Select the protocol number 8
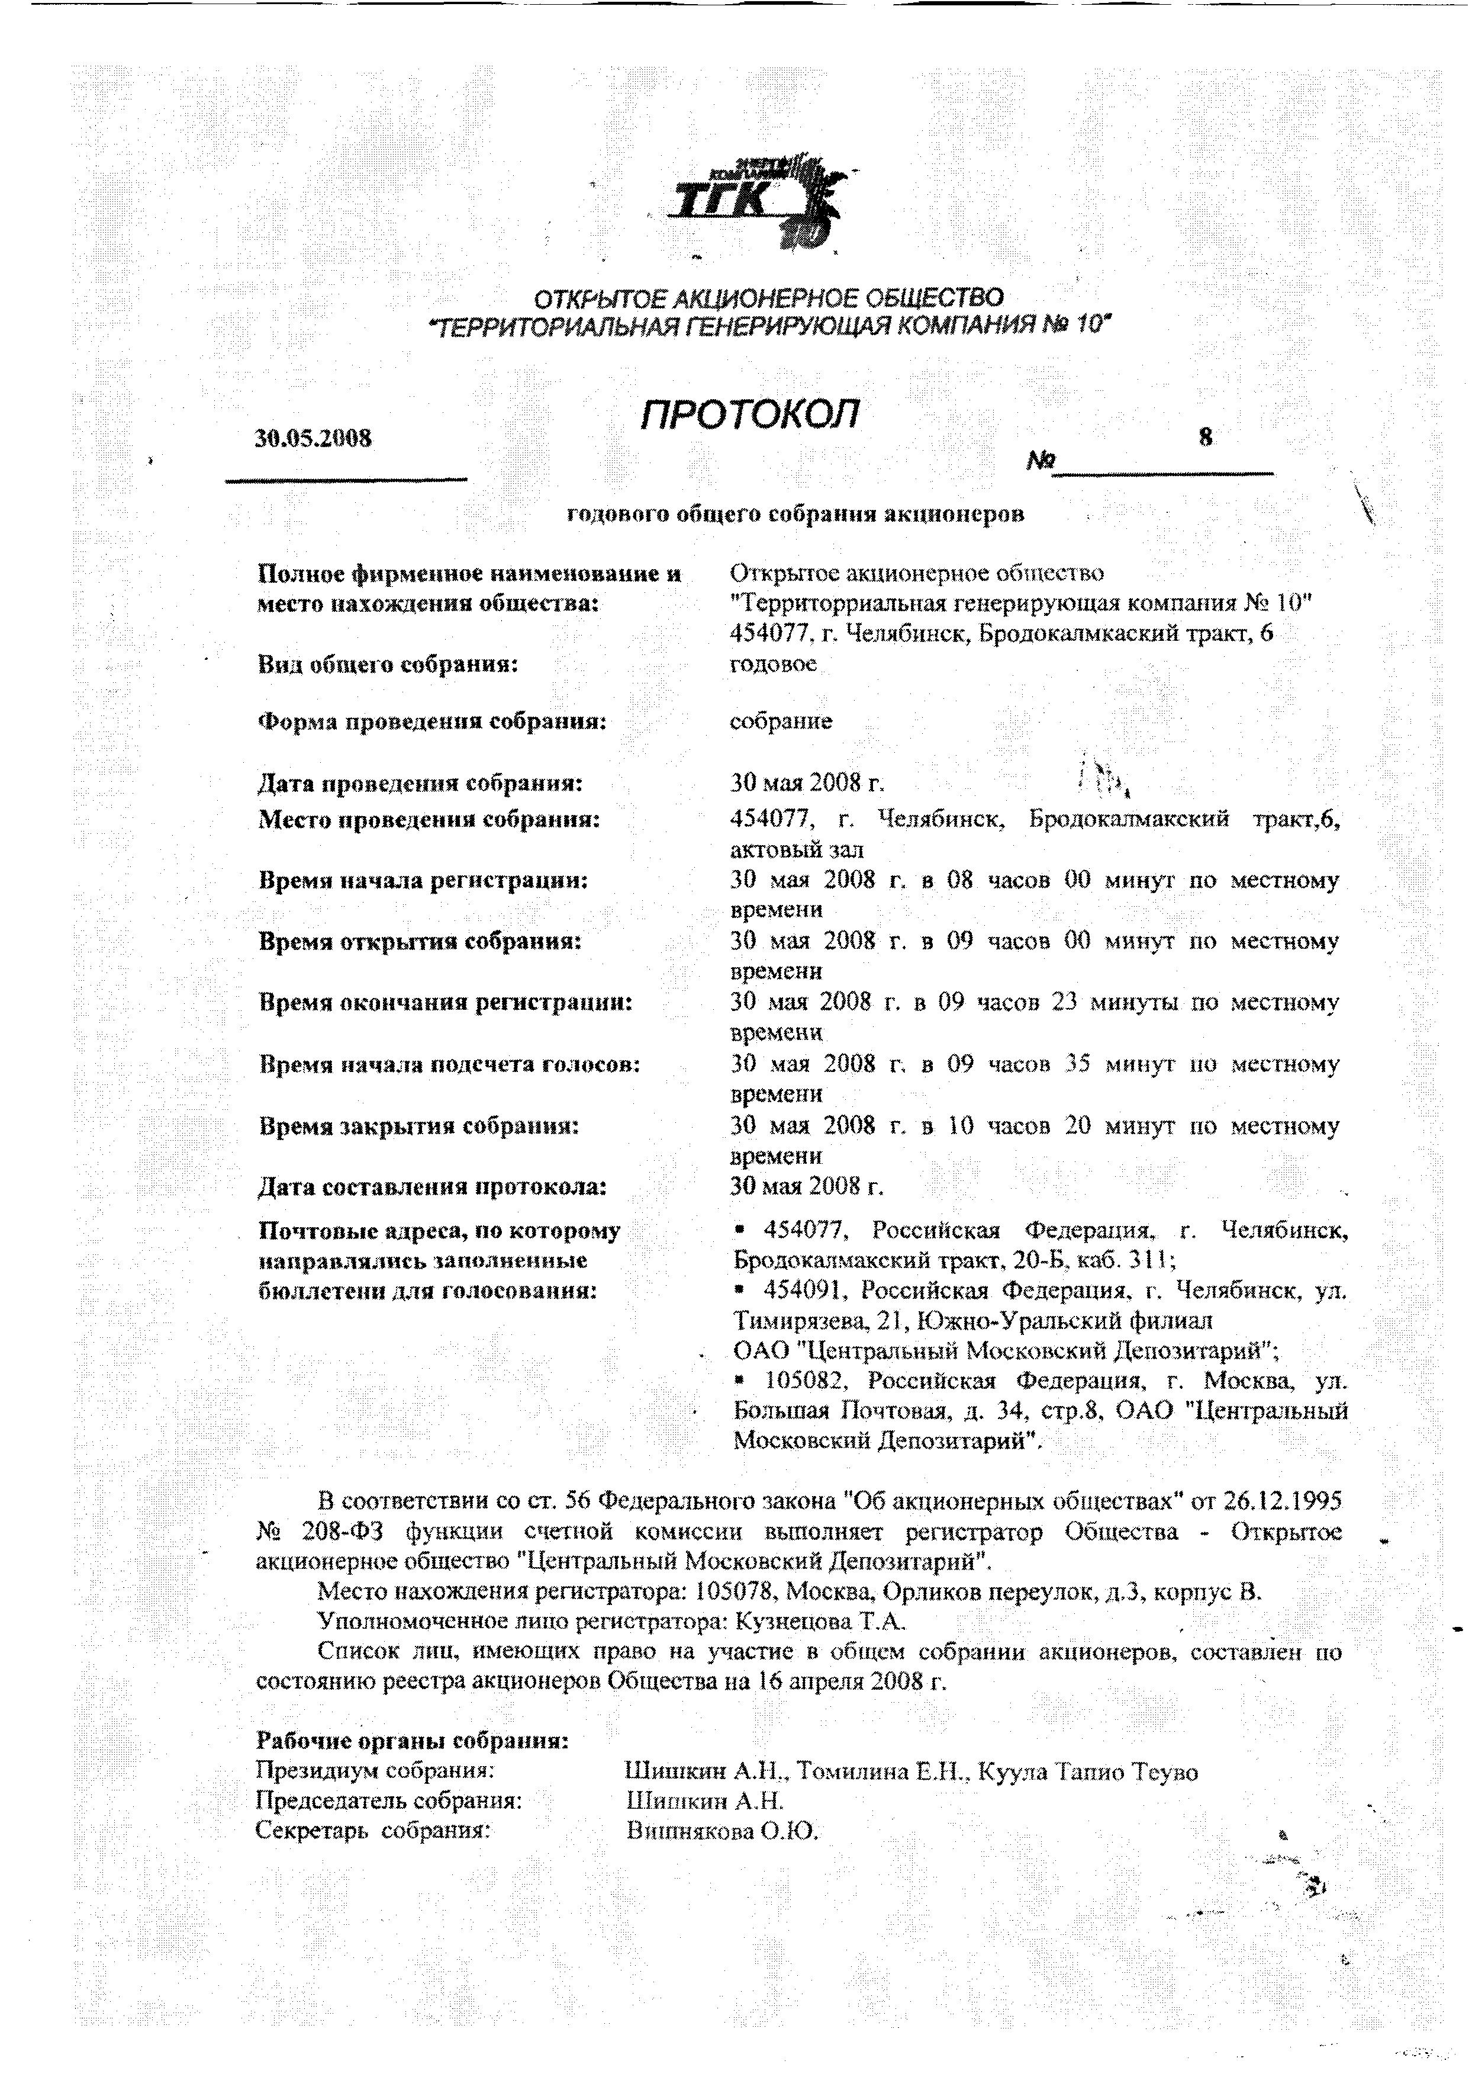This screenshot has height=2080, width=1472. (1204, 438)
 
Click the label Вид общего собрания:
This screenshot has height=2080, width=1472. (388, 665)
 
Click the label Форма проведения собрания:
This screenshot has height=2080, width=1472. (431, 722)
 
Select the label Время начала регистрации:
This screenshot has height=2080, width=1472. (423, 879)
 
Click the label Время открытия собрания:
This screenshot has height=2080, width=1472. (420, 941)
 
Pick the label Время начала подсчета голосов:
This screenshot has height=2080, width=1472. (450, 1064)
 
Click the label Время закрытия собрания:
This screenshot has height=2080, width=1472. (419, 1126)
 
